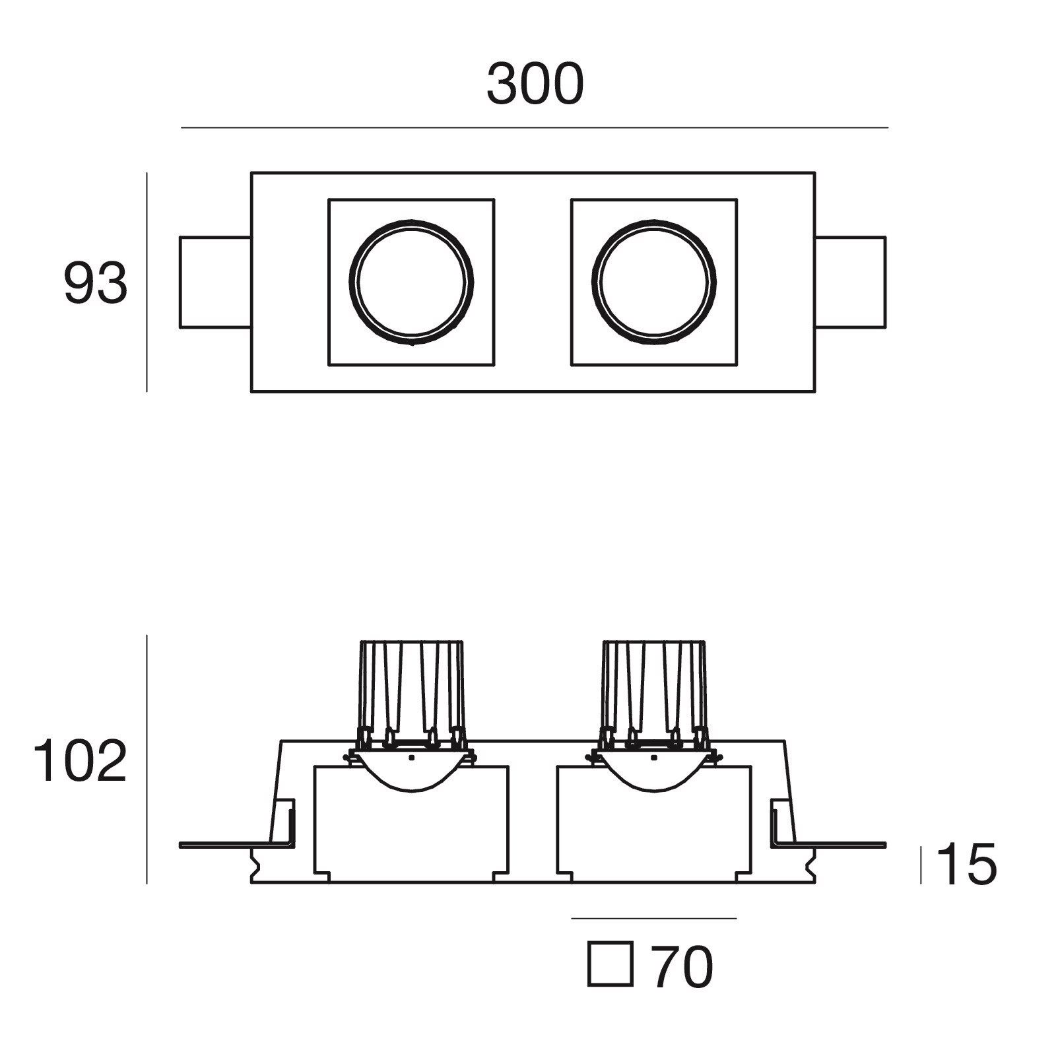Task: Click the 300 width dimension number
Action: tap(535, 84)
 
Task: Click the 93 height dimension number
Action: tap(95, 283)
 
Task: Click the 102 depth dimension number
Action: tap(79, 761)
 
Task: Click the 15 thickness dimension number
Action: tap(966, 865)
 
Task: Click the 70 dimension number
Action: tap(682, 968)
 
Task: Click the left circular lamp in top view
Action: tap(411, 282)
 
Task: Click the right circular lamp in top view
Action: tap(654, 282)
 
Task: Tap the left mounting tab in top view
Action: tap(215, 282)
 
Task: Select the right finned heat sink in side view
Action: tap(653, 693)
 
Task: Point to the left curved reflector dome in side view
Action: tap(411, 779)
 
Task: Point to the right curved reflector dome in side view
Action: tap(654, 779)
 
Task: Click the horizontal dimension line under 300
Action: tap(535, 127)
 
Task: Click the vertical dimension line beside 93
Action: tap(147, 283)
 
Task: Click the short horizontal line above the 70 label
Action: tap(653, 918)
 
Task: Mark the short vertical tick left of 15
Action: tap(921, 865)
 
